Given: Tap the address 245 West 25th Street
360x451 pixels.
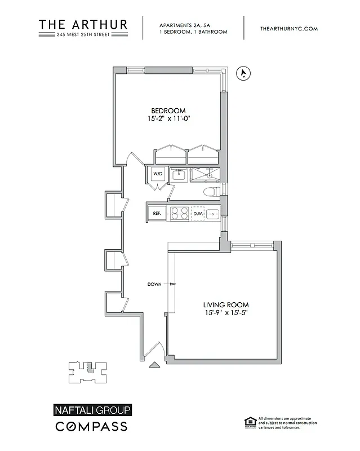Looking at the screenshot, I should (x=83, y=35).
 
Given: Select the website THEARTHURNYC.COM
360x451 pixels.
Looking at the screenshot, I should (x=290, y=28).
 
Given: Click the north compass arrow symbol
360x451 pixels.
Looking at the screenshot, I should (x=244, y=73).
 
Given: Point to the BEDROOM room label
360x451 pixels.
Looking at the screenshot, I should (x=168, y=110).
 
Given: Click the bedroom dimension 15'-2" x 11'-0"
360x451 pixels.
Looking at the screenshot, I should (x=168, y=120).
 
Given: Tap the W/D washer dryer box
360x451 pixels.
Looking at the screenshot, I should (x=157, y=174).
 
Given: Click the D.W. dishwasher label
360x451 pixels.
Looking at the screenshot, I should (x=198, y=214).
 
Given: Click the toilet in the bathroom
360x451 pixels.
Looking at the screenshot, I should (x=211, y=192).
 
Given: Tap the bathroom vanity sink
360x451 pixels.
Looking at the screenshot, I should (x=179, y=174).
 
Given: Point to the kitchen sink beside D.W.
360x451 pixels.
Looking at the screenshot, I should (x=213, y=214).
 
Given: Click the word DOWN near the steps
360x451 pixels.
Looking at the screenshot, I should (x=155, y=284).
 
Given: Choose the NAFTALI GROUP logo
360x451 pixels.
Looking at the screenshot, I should (x=93, y=410).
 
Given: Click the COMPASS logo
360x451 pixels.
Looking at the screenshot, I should (x=91, y=426).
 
